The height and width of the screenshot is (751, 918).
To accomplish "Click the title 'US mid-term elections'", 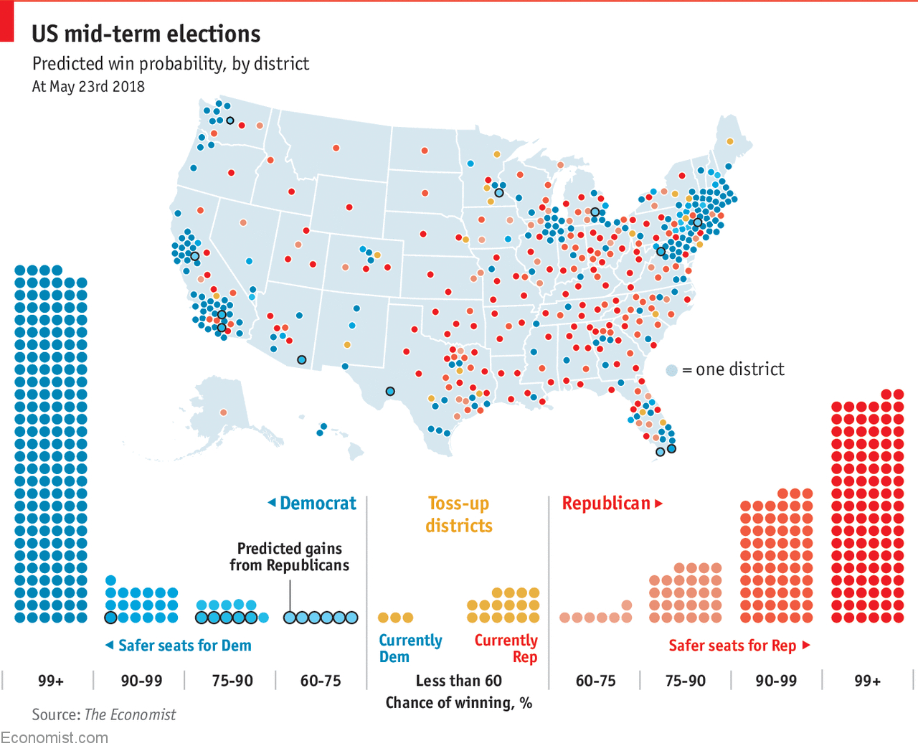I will [x=146, y=34].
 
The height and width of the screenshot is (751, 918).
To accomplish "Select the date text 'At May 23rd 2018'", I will [x=88, y=87].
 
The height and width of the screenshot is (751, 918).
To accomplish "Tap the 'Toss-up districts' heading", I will [x=459, y=514].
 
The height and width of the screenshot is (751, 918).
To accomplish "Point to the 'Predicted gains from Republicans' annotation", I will [x=290, y=557].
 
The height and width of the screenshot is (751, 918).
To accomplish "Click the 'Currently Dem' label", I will [x=410, y=648].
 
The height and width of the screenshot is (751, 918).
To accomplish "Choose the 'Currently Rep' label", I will [x=506, y=648].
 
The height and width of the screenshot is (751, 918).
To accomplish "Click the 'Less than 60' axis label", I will [x=458, y=681].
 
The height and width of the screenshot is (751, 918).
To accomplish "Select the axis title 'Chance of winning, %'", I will [x=458, y=703].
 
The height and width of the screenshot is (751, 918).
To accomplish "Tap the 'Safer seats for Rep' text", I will [x=732, y=646].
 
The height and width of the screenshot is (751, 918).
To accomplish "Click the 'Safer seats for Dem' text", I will [x=184, y=646].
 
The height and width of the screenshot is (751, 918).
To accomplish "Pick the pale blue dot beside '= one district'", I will [x=672, y=370].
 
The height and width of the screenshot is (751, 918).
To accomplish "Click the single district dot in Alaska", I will [x=224, y=412].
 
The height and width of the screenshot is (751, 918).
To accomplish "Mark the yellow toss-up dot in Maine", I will [x=730, y=141].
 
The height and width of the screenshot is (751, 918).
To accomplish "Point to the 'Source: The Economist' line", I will [x=103, y=714].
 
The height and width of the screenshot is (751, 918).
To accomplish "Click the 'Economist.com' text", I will [x=55, y=737].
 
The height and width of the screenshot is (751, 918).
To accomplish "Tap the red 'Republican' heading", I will [x=606, y=504].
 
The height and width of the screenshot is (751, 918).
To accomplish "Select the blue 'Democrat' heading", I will [x=318, y=504].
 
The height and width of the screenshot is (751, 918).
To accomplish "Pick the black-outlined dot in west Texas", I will [x=390, y=392].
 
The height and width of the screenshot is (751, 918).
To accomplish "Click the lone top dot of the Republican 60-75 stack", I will [x=627, y=605].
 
